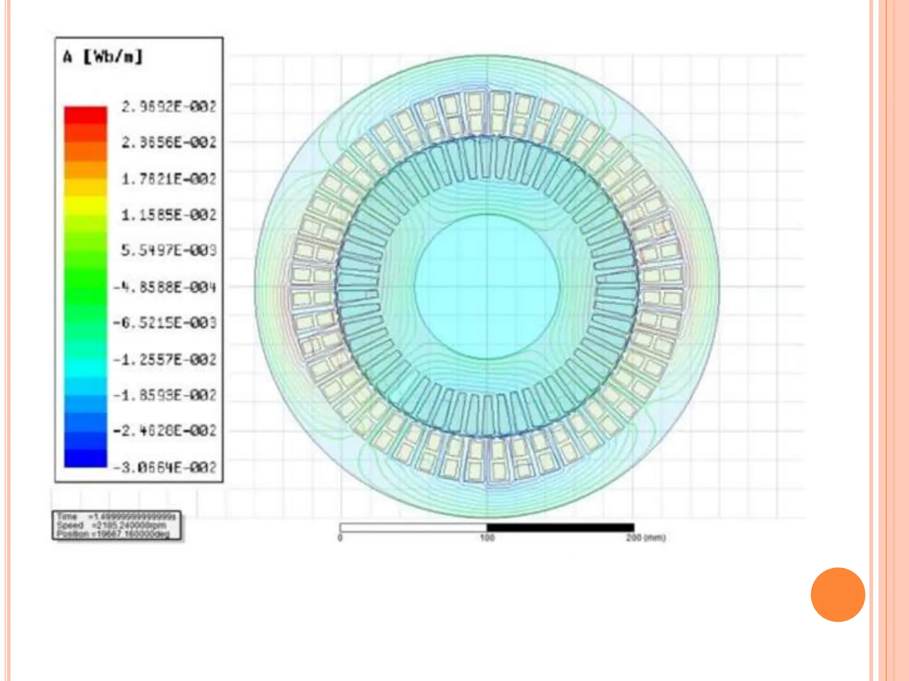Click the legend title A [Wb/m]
coord(103,57)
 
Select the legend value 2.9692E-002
coord(169,107)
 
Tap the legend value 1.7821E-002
coord(169,179)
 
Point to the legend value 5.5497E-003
coord(169,250)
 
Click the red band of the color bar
coord(86,115)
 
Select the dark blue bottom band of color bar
coord(86,457)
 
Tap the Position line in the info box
coord(114,534)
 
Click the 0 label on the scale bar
coord(340,538)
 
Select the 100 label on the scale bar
coord(487,538)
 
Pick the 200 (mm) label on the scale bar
coord(646,538)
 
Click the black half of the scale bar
coord(560,527)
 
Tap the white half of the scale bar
coord(413,527)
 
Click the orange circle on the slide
coord(838,595)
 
